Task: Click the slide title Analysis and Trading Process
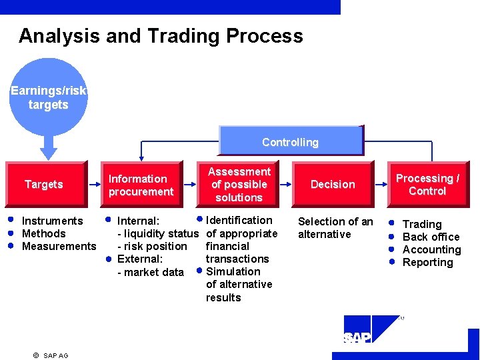tap(161, 35)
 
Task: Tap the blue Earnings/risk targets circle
tap(49, 97)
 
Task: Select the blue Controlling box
tap(291, 141)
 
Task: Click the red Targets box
tap(45, 184)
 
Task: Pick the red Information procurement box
tap(141, 185)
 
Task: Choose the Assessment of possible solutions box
tap(239, 184)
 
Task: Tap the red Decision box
tap(333, 184)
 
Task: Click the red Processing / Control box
tap(427, 184)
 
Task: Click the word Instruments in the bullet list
tap(53, 221)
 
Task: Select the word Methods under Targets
tap(44, 233)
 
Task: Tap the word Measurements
tap(59, 246)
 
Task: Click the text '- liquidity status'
tap(158, 233)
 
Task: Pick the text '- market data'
tap(151, 272)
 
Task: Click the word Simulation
tap(233, 271)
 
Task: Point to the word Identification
tap(239, 220)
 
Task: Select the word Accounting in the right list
tap(431, 249)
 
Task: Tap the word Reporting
tap(427, 262)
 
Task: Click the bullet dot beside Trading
tap(393, 223)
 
